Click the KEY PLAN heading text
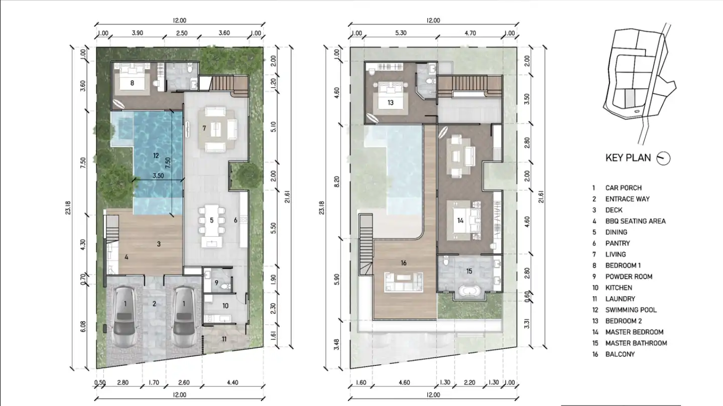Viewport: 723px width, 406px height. pos(628,158)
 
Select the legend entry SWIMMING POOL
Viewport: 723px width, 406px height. pos(631,310)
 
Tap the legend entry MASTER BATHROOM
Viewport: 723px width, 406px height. pos(636,343)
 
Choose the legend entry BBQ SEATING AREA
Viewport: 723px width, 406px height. pos(635,221)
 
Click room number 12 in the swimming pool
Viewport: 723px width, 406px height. pos(156,155)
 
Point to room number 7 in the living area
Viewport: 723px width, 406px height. pos(204,128)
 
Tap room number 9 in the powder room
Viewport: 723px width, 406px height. pos(216,283)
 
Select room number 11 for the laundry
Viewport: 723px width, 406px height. pos(224,339)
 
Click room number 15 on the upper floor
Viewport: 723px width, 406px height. pos(469,271)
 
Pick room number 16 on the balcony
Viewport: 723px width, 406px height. pos(404,263)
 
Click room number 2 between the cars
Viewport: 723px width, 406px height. pos(154,304)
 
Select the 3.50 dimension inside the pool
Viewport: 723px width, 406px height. pos(158,176)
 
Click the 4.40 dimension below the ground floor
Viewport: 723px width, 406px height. pos(232,382)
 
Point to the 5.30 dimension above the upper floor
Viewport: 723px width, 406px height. pos(401,33)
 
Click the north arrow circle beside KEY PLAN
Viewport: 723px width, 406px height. pos(664,158)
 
